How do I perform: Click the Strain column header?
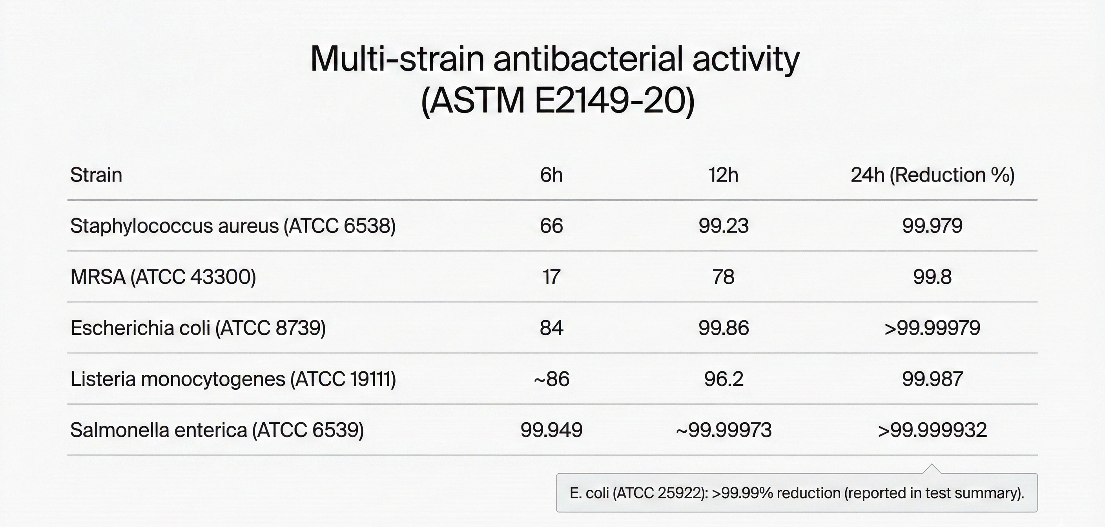point(96,175)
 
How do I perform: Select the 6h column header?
point(551,175)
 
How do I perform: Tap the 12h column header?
point(723,175)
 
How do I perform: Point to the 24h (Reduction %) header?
point(933,175)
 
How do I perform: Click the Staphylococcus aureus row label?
point(232,226)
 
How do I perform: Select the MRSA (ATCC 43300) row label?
point(163,277)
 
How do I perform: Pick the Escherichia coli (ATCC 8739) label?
point(198,328)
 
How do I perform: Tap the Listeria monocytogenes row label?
point(233,379)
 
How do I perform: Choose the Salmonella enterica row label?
point(217,430)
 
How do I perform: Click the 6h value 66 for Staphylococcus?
point(551,226)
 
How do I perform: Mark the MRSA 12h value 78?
point(723,277)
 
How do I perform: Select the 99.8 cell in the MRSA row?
point(933,277)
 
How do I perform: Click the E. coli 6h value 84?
point(551,328)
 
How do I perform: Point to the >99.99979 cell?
point(933,328)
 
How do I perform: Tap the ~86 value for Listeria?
point(551,379)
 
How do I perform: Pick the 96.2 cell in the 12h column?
point(723,379)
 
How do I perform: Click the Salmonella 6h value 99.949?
point(551,430)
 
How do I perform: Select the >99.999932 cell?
point(933,430)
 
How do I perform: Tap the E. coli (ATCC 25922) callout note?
point(797,493)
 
